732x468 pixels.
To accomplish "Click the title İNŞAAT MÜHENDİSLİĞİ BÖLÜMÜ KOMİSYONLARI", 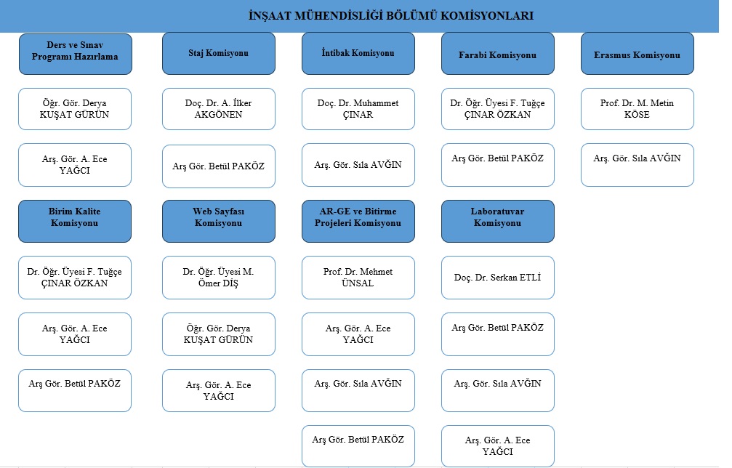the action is click(391, 15).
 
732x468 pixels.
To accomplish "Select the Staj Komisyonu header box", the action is click(219, 53).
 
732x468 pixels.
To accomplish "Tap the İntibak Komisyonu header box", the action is click(358, 53).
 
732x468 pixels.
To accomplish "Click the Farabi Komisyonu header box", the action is click(498, 53).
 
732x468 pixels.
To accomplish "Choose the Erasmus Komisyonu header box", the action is click(638, 53).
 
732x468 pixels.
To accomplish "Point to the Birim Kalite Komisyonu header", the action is click(75, 221).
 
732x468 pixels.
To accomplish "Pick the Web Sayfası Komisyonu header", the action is click(219, 221).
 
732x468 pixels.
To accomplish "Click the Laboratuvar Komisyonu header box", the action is click(498, 221).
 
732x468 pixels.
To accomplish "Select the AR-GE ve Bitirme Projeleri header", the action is click(358, 221).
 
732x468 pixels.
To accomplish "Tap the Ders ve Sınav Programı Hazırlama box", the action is click(75, 54).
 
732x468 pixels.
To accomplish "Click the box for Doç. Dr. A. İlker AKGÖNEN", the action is click(219, 109).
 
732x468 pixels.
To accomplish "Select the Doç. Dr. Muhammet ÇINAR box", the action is click(358, 109).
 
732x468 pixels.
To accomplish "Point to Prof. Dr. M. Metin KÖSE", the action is click(638, 109).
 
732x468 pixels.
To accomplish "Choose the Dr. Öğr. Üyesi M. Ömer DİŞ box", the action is click(219, 277).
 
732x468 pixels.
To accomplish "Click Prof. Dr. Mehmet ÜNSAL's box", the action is click(358, 277).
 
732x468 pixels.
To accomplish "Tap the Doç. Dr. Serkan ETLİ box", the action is click(498, 277).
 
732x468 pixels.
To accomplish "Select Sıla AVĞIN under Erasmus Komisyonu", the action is click(638, 165).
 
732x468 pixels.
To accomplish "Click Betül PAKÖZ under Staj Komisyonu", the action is click(219, 166).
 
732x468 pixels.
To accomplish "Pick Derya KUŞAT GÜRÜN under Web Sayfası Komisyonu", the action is click(219, 334).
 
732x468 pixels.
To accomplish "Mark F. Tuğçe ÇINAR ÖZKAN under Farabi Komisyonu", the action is click(498, 109).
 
